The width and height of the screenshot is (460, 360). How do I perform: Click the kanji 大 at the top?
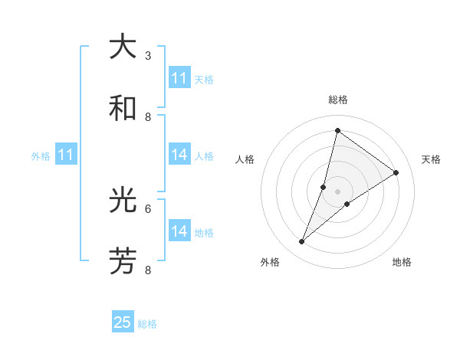point(123,47)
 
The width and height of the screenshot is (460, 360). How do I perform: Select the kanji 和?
point(123,108)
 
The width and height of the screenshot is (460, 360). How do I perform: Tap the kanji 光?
point(123,201)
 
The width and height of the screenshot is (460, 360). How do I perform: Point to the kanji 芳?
point(123,262)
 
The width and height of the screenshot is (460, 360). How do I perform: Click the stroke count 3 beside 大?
point(148,55)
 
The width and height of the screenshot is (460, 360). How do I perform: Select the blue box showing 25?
point(123,322)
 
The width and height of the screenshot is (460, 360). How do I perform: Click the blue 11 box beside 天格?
point(179,78)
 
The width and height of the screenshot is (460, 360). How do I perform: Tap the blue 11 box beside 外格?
point(66,155)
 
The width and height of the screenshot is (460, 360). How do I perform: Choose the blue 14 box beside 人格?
point(179,155)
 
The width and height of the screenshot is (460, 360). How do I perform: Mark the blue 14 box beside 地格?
point(179,231)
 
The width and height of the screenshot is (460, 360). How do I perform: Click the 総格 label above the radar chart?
point(338,100)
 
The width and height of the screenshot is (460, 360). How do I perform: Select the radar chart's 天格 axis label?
point(431,159)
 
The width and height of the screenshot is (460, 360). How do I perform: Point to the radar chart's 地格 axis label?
point(402,262)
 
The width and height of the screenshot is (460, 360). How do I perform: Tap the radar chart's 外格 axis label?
point(270,262)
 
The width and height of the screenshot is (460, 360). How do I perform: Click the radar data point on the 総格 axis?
point(337,130)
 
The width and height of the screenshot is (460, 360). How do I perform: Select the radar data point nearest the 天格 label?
point(396,172)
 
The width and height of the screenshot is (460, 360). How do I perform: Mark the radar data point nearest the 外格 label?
point(301,242)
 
